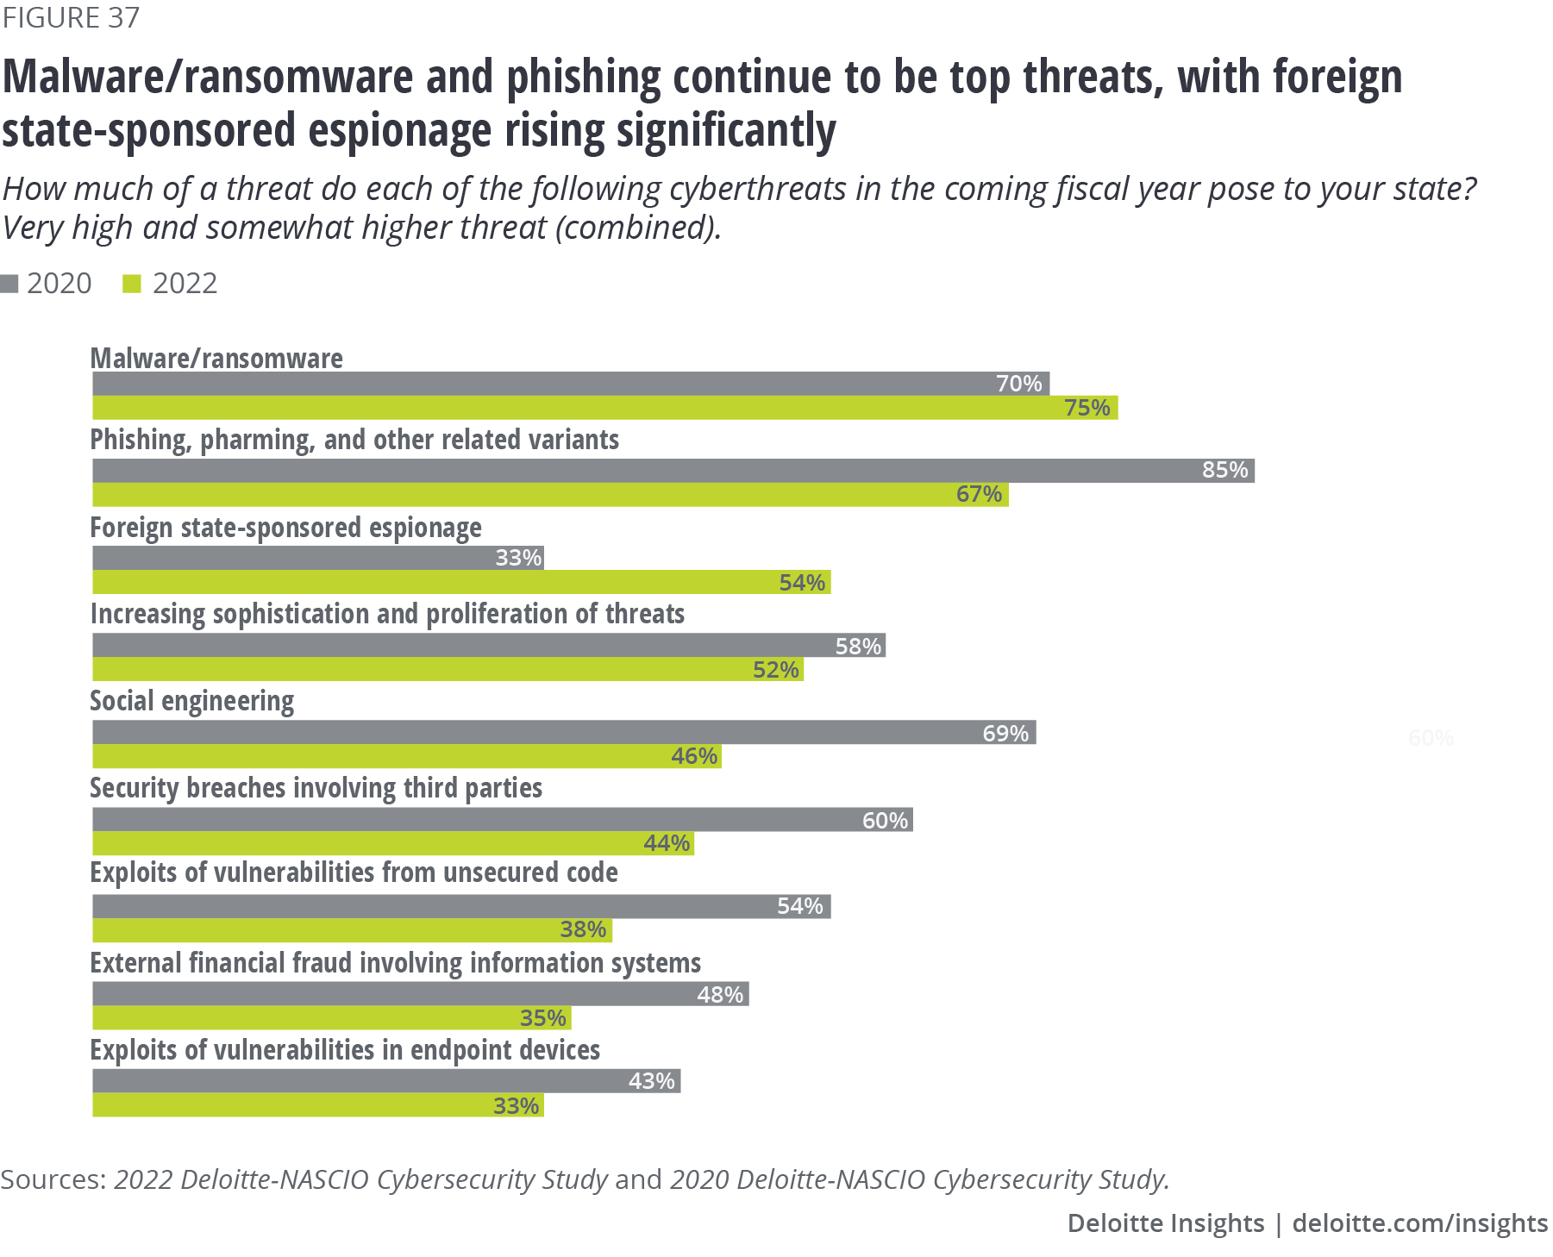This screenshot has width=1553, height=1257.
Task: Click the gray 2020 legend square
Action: (x=9, y=284)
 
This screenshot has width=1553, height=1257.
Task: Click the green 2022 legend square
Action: (x=132, y=284)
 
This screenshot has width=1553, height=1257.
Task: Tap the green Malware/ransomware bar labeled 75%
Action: (x=604, y=408)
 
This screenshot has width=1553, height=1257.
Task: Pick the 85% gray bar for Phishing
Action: (x=673, y=471)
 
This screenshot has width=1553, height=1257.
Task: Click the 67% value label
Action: (x=979, y=494)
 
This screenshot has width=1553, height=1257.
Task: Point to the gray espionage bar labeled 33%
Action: (x=317, y=558)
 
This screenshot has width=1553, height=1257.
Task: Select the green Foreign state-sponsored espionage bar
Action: (x=461, y=582)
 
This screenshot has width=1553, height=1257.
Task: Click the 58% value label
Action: (x=858, y=646)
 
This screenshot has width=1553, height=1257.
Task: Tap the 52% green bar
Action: (x=448, y=670)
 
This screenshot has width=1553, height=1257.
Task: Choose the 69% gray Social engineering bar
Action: (x=564, y=733)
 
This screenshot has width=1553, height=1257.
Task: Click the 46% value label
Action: (x=694, y=756)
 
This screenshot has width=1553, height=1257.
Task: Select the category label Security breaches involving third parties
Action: (x=316, y=788)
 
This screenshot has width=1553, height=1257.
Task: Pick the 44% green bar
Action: (x=392, y=843)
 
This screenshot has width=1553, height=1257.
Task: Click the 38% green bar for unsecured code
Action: (x=352, y=929)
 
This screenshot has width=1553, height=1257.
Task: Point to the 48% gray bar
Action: (x=420, y=994)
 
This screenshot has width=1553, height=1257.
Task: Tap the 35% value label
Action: (x=543, y=1018)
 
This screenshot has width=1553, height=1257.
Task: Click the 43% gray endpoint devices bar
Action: (x=386, y=1081)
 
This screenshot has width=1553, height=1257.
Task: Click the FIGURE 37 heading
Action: (x=71, y=17)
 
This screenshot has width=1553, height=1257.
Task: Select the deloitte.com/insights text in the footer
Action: (x=1419, y=1223)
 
